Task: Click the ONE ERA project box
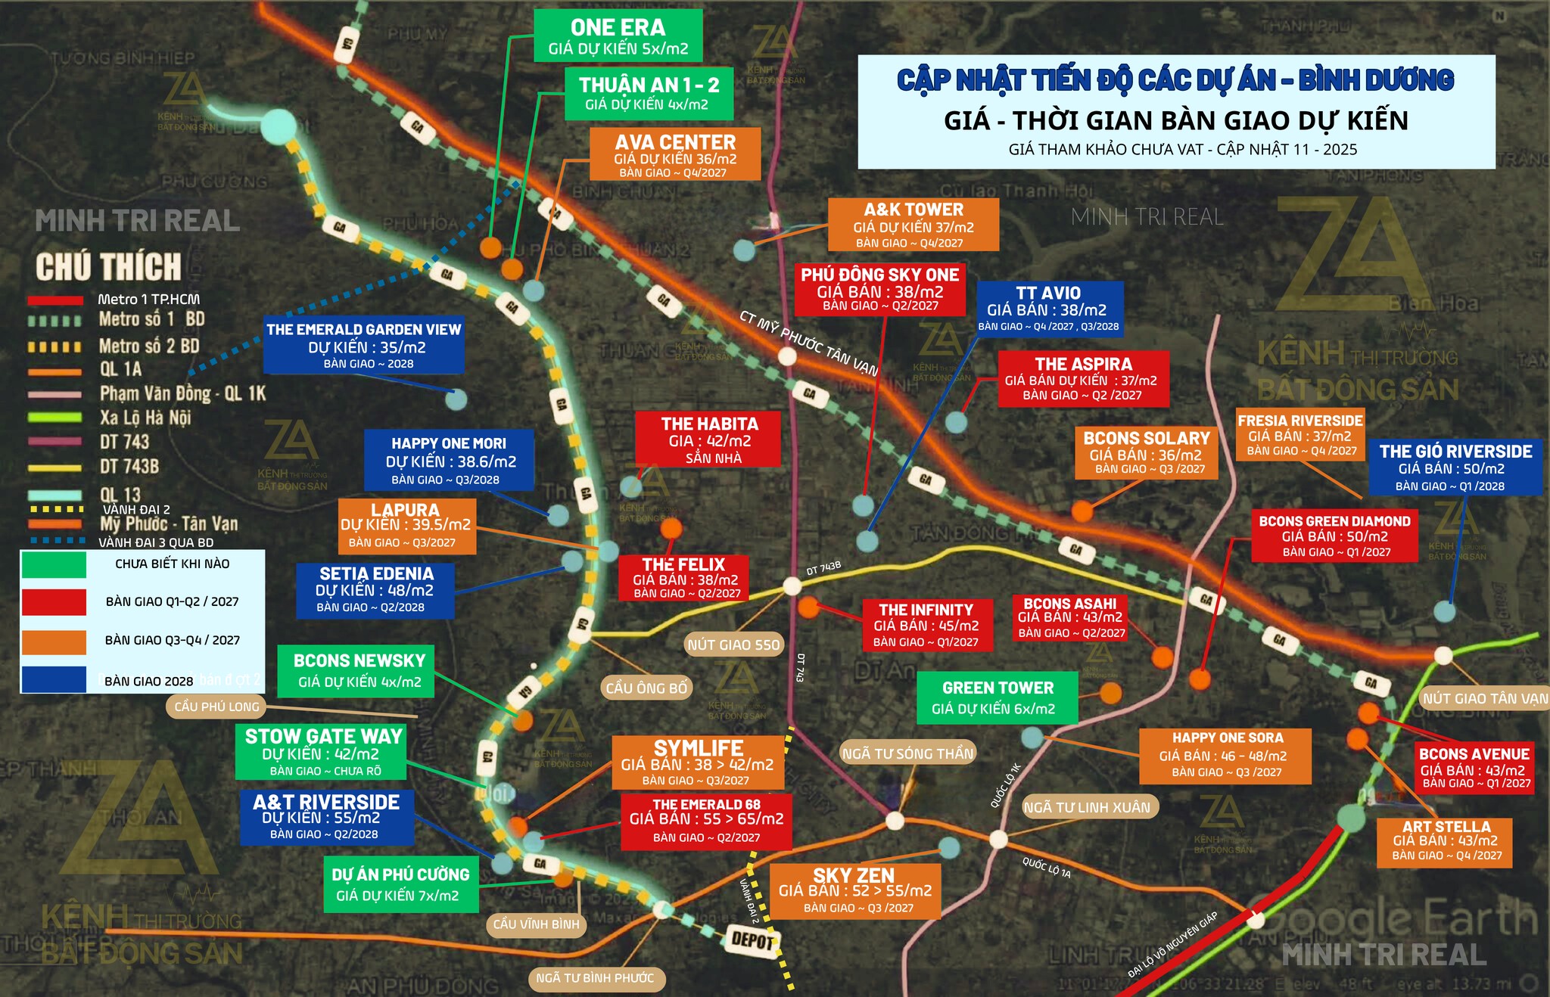[618, 36]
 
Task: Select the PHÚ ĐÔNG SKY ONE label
[879, 289]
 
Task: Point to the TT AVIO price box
[1048, 309]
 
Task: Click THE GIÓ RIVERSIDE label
[1455, 467]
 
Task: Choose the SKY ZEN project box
[854, 891]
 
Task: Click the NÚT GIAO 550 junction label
[733, 644]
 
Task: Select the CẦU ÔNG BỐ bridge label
[646, 688]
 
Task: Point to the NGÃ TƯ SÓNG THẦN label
[908, 753]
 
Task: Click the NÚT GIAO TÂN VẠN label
[1484, 698]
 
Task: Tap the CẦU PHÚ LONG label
[216, 707]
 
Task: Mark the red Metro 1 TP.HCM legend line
[54, 300]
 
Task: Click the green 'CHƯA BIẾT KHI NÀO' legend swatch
[54, 564]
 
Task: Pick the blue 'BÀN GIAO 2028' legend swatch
[54, 679]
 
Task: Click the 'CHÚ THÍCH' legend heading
[109, 267]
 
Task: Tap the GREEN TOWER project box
[997, 697]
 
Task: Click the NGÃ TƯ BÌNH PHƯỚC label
[595, 978]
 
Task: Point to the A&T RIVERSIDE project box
[326, 817]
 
